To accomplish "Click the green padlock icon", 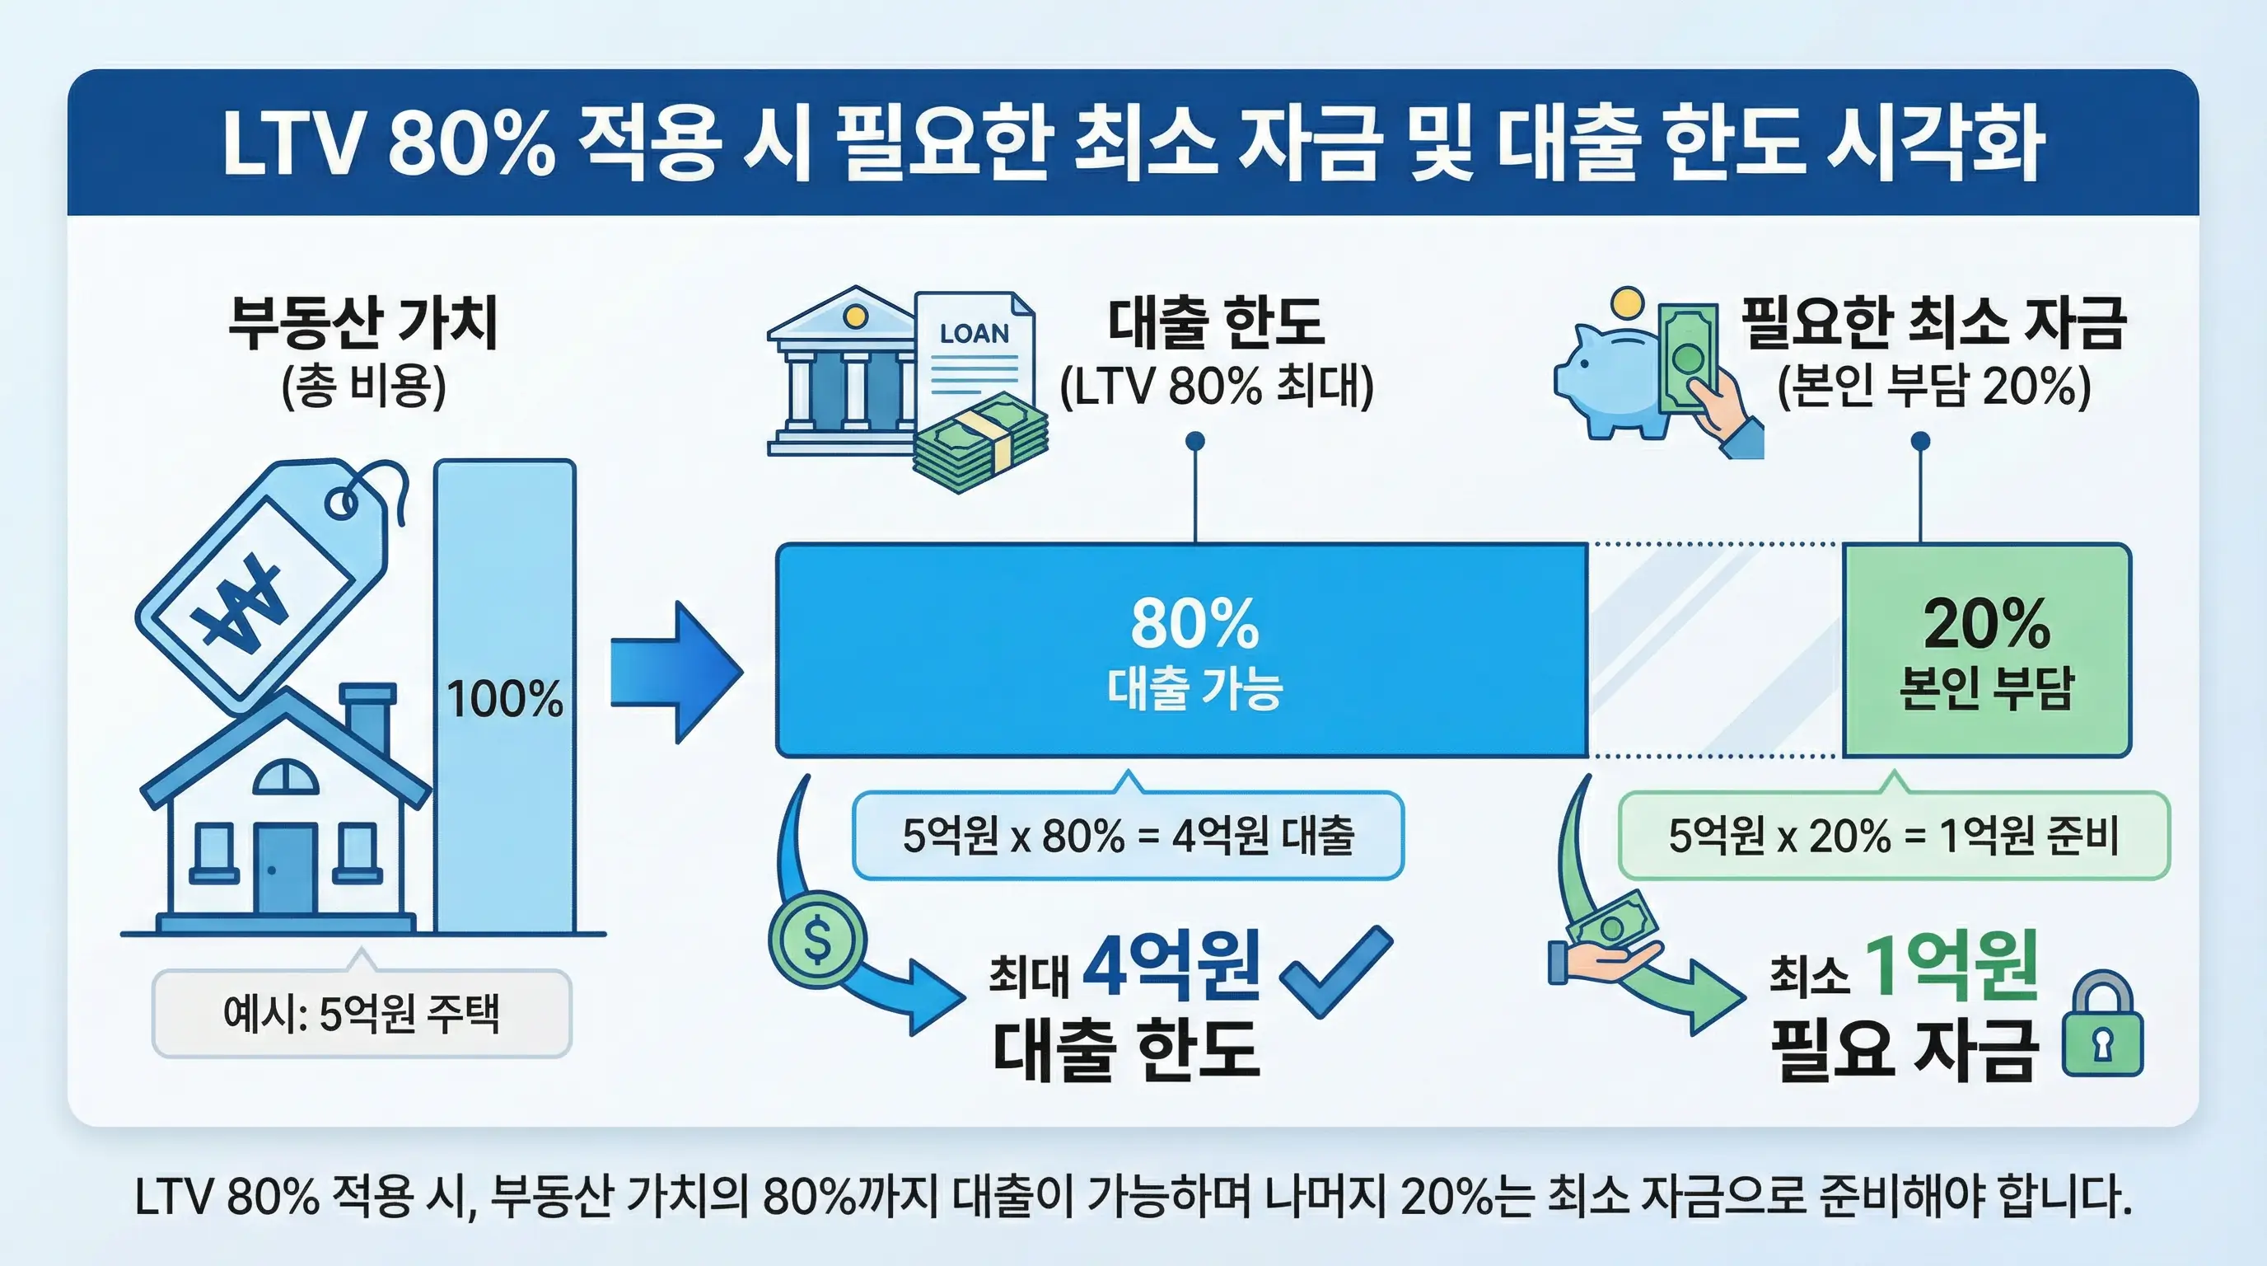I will click(2102, 1025).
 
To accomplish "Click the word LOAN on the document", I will click(975, 334).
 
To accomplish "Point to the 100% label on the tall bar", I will click(504, 700).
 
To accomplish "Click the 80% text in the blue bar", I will click(1194, 623).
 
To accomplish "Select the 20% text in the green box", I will click(1986, 623).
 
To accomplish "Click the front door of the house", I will click(285, 869).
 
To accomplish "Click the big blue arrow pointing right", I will click(675, 672).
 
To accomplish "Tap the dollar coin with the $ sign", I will click(816, 941).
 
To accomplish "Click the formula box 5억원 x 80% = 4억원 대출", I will click(1128, 836).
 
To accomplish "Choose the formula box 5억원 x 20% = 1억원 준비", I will click(1893, 836).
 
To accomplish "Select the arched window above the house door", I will click(286, 777).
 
